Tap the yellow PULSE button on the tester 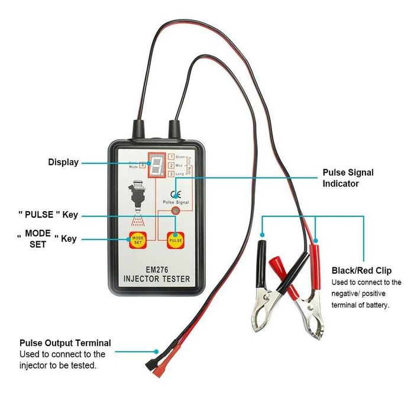tap(176, 240)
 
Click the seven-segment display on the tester tap(157, 166)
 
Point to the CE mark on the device tap(175, 195)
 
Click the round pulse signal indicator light tap(175, 211)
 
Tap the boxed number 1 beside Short tap(171, 156)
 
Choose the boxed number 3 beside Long tap(171, 174)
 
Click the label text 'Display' tap(63, 162)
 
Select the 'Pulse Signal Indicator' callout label tap(348, 178)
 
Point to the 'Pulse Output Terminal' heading tap(65, 343)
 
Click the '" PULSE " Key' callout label tap(48, 215)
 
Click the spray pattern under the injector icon tap(138, 221)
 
